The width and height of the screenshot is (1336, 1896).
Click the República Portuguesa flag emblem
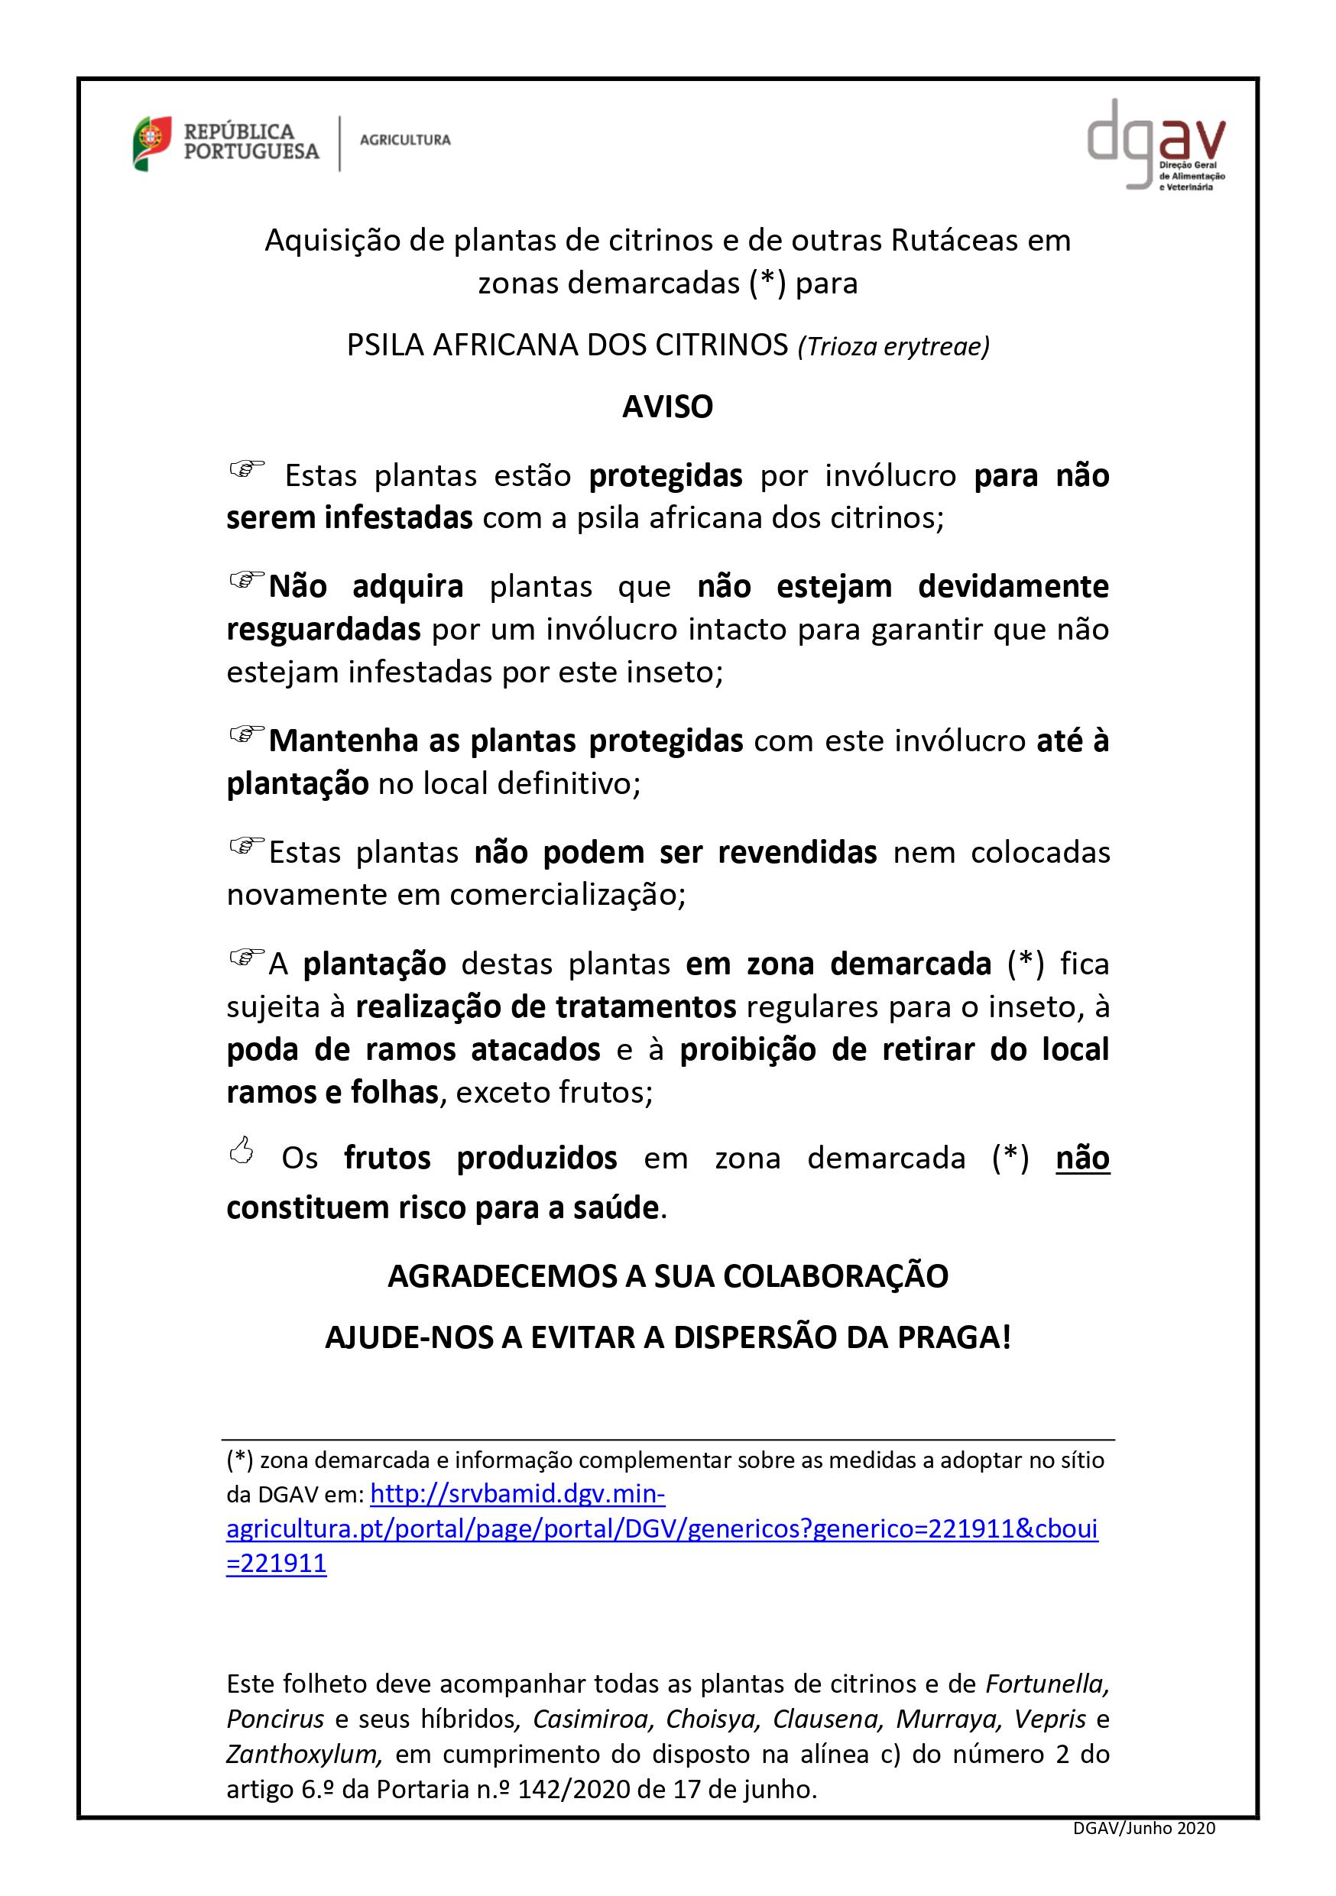(152, 143)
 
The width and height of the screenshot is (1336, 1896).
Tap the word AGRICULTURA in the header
(404, 141)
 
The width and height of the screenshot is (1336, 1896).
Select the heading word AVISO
(667, 407)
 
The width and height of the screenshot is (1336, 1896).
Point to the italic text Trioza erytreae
(893, 346)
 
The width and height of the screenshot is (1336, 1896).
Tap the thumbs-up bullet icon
(241, 1150)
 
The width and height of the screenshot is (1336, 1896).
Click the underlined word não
(1081, 1158)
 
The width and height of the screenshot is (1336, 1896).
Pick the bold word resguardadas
(323, 629)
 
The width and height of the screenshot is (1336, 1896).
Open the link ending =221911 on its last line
(277, 1564)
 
